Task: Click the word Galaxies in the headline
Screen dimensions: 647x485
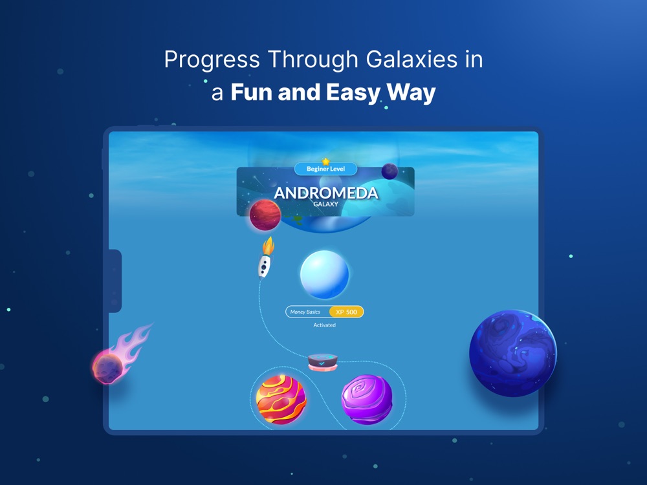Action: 411,60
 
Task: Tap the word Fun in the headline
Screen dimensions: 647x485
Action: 252,92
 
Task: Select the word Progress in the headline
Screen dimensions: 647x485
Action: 212,60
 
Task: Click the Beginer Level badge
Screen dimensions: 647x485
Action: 325,169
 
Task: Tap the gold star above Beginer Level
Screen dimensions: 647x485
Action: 326,161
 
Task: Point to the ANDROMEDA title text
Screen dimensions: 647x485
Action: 326,193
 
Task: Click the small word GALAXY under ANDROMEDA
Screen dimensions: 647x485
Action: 326,204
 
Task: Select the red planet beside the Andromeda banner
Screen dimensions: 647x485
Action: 265,215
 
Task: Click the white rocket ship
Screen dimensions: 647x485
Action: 265,266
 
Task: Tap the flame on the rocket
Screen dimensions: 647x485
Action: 269,245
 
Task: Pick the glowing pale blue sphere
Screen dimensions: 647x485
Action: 324,274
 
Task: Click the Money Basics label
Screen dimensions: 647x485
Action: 305,312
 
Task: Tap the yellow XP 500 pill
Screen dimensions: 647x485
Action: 346,312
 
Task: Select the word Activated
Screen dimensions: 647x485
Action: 324,325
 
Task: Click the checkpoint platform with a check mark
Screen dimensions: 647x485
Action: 323,361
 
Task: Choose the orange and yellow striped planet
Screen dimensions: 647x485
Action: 281,399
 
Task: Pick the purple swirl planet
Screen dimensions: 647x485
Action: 367,399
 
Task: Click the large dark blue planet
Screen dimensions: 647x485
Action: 513,354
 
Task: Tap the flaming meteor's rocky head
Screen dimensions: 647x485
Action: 107,367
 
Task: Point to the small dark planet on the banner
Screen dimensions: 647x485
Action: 389,171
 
